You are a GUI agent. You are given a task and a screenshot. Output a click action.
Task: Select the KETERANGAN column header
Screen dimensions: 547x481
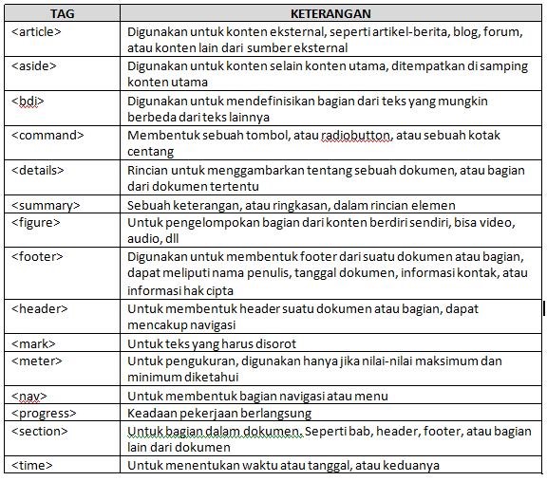point(330,14)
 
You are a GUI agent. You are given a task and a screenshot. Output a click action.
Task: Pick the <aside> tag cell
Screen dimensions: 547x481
point(34,66)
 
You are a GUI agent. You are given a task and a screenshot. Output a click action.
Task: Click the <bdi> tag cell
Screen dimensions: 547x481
point(28,101)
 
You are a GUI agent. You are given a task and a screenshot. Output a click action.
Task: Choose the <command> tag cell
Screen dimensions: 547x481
point(47,135)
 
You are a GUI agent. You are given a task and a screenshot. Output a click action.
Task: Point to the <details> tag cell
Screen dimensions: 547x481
point(38,170)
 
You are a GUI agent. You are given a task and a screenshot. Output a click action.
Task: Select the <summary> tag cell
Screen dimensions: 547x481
point(46,205)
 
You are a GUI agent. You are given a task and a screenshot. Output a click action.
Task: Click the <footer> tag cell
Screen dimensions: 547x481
point(38,256)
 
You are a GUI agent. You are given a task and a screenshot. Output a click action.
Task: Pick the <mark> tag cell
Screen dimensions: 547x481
point(34,342)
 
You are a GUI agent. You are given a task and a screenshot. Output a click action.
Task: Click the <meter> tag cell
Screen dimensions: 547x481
point(36,361)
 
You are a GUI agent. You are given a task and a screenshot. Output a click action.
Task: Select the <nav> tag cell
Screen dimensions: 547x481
point(29,396)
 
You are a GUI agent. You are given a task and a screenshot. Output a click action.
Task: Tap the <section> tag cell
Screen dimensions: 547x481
point(40,430)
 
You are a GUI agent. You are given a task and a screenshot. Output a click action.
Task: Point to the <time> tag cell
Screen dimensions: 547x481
point(32,465)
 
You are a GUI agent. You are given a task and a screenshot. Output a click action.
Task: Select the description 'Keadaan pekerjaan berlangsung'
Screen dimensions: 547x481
point(219,413)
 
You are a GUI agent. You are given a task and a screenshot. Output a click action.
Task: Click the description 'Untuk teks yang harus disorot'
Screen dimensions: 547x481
point(212,343)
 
